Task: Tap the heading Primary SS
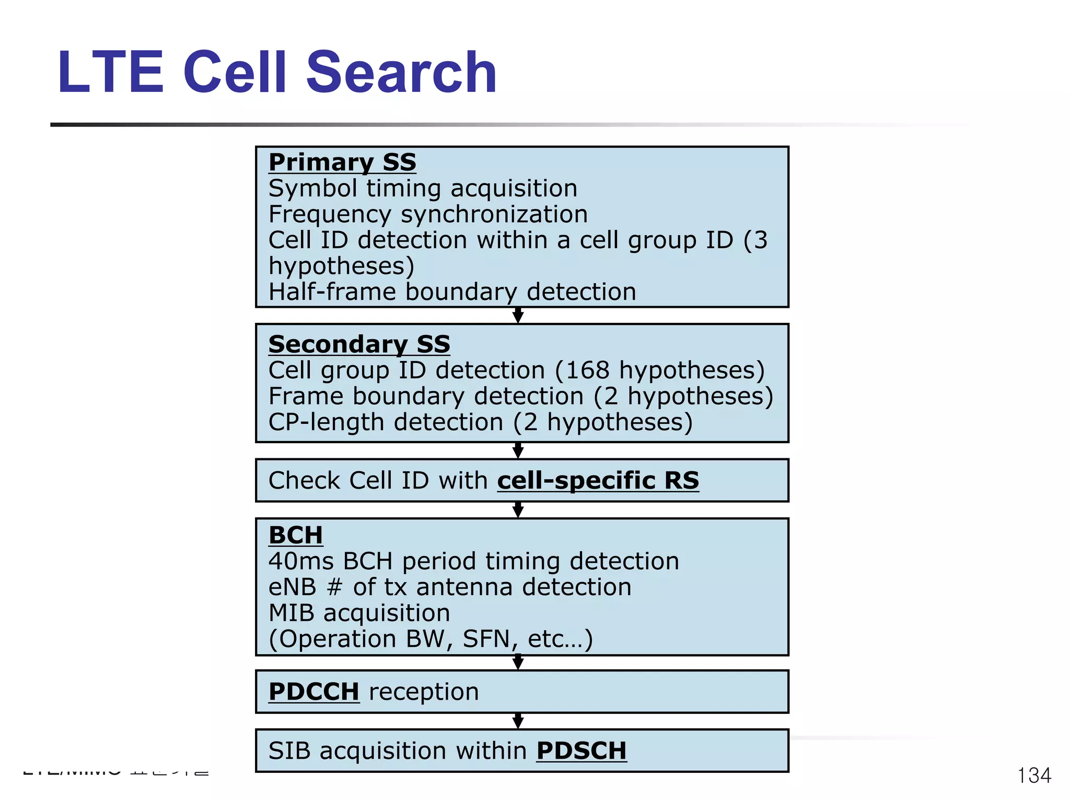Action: click(342, 162)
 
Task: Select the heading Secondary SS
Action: click(359, 344)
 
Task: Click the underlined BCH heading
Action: click(295, 535)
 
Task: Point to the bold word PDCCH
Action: click(313, 691)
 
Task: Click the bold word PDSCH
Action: click(581, 750)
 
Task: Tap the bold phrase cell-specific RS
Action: click(598, 480)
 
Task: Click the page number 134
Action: click(1034, 775)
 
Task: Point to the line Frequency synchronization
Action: click(428, 214)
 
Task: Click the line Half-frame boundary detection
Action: click(452, 292)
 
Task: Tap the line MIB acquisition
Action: click(359, 613)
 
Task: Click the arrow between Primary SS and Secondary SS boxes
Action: click(518, 315)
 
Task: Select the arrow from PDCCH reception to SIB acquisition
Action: click(518, 721)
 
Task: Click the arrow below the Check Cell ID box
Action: click(518, 509)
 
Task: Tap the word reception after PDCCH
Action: click(424, 692)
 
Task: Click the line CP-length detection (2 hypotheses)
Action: click(480, 422)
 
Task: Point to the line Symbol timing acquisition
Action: click(423, 188)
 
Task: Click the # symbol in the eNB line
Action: click(334, 587)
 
